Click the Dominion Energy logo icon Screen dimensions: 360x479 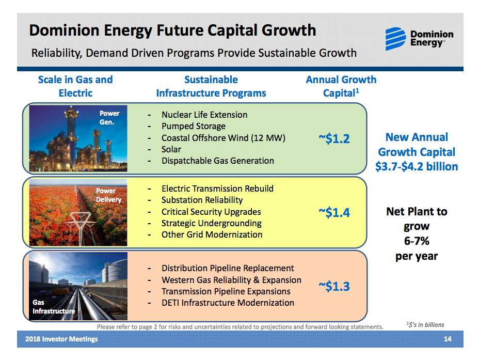(396, 39)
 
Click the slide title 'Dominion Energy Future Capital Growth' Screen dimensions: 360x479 (172, 30)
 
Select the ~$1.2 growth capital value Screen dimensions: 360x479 (334, 138)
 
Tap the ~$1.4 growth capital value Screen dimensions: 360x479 (334, 212)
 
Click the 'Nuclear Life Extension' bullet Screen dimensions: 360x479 (204, 115)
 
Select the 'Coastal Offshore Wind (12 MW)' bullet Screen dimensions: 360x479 (223, 138)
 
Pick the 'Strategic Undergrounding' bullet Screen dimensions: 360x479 (211, 223)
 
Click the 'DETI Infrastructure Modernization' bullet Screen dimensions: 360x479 (228, 303)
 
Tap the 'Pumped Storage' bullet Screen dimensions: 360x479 (193, 126)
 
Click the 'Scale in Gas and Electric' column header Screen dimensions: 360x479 (75, 86)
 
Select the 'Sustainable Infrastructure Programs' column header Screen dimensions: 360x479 (211, 86)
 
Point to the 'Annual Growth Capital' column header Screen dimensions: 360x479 (341, 86)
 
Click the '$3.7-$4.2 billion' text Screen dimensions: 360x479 (417, 167)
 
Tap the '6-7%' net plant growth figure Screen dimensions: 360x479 (417, 241)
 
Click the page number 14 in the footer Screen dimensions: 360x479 (448, 339)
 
